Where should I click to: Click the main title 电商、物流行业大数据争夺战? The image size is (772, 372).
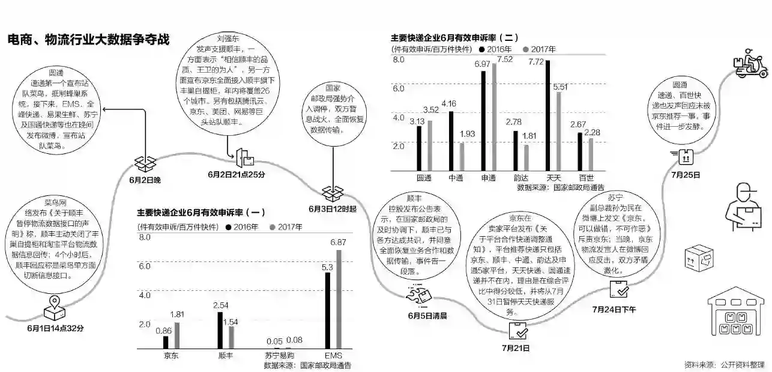click(x=88, y=40)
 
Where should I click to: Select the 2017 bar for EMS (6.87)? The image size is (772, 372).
click(x=338, y=299)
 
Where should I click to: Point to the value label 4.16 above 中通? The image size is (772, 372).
click(x=448, y=103)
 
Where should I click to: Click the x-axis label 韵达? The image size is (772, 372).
click(x=522, y=178)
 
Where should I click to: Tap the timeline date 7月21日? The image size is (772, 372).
click(x=516, y=347)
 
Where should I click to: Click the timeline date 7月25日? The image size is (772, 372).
click(x=685, y=175)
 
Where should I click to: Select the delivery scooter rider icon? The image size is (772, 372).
click(x=750, y=63)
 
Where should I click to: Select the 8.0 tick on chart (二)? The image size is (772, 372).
click(x=399, y=59)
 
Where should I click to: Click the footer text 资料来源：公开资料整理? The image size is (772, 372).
click(x=725, y=365)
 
